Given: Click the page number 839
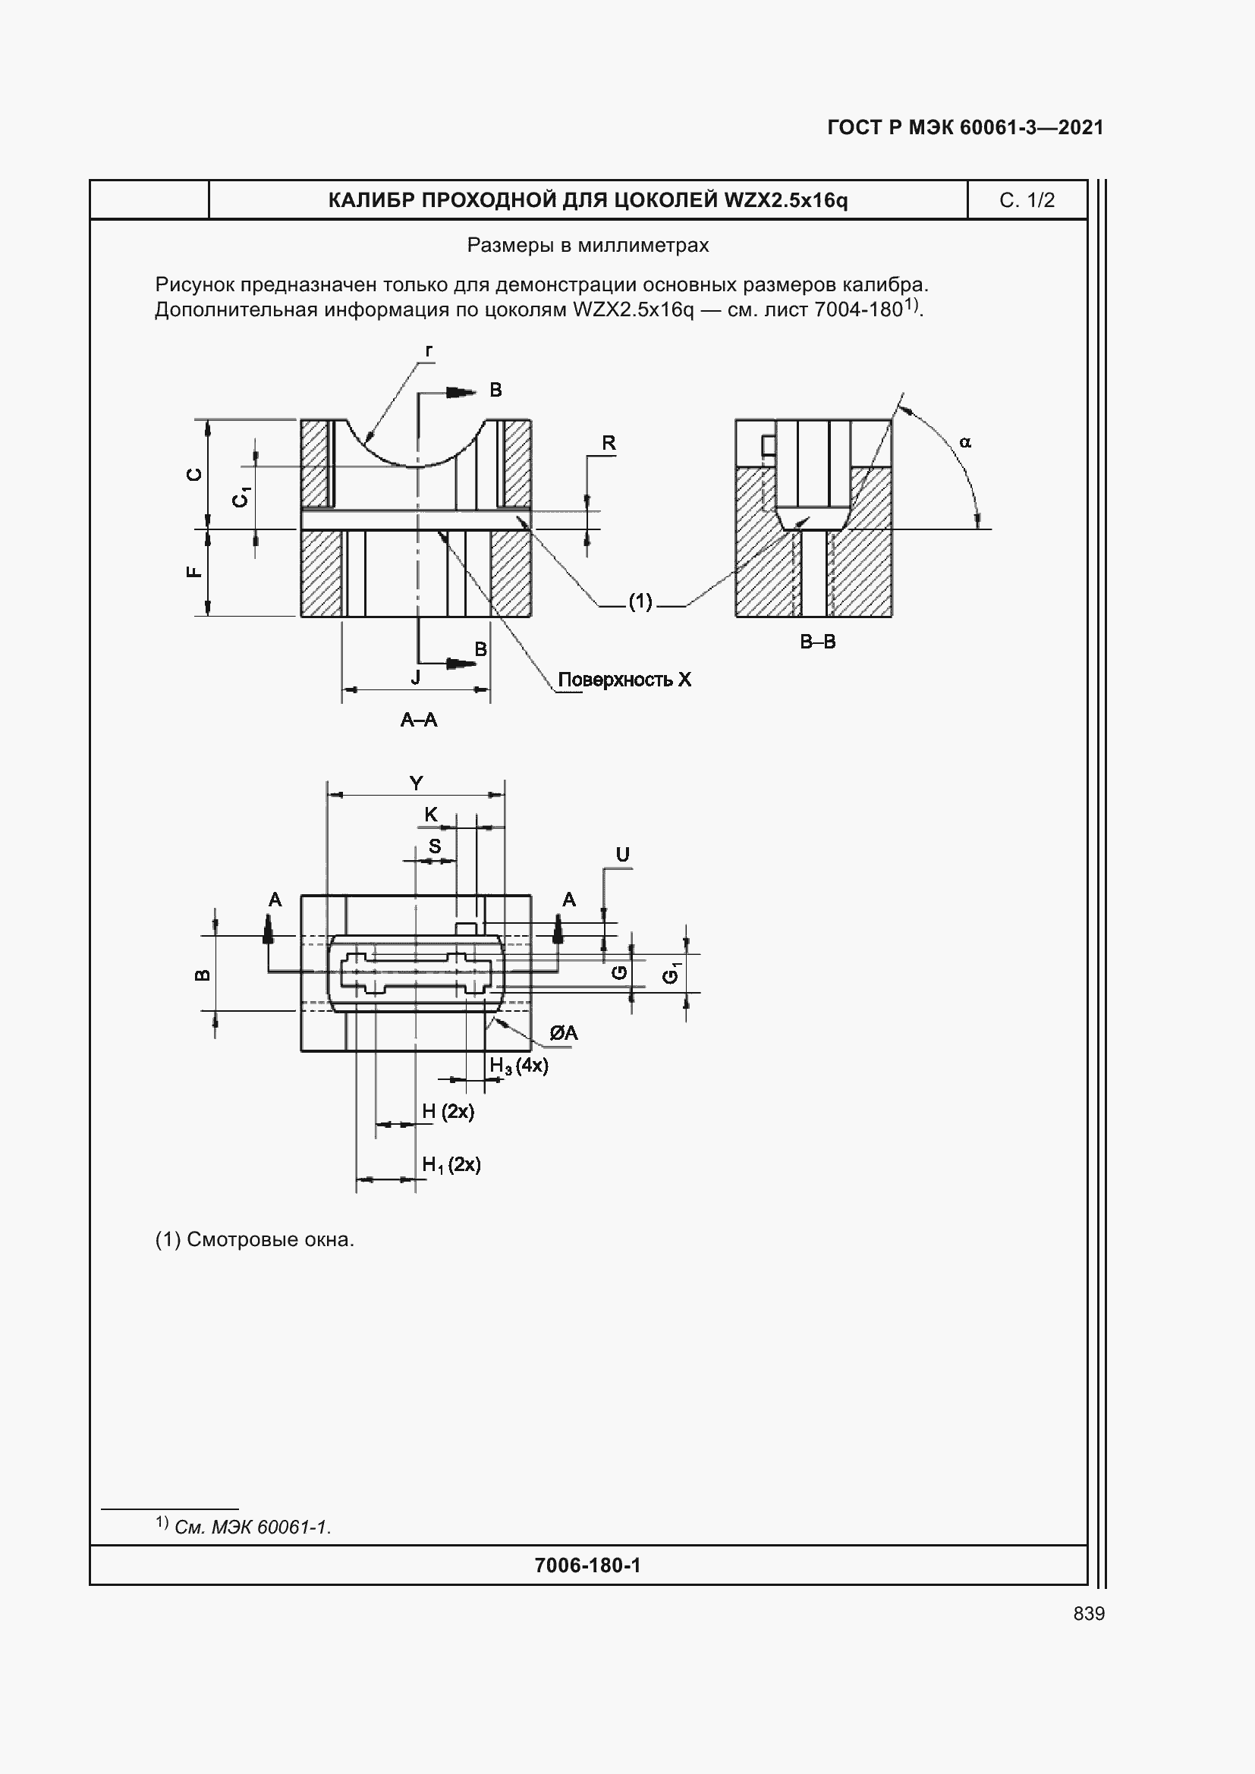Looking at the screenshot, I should (1088, 1613).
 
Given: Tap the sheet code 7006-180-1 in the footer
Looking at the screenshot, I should (587, 1565).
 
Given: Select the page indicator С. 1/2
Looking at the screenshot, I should (1027, 200).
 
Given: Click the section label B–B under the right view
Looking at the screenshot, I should (818, 642).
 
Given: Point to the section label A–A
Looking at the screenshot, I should (419, 720).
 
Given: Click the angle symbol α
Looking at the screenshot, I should (965, 443).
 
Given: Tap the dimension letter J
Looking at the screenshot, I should (416, 677).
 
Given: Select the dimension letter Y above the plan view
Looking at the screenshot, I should (416, 783).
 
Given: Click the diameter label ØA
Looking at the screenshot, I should (563, 1033).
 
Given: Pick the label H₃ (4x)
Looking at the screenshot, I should (518, 1066).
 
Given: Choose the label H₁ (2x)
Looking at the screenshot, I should (451, 1164).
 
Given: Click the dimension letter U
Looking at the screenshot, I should (622, 855).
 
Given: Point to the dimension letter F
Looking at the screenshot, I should (195, 573).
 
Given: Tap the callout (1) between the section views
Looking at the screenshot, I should (640, 601).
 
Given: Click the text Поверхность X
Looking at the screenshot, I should (624, 680).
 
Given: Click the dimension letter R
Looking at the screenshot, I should (609, 443).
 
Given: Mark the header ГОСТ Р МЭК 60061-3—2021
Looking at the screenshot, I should (965, 127).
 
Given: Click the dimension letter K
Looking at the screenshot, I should (431, 815).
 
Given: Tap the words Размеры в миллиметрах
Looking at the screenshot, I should (587, 246).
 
